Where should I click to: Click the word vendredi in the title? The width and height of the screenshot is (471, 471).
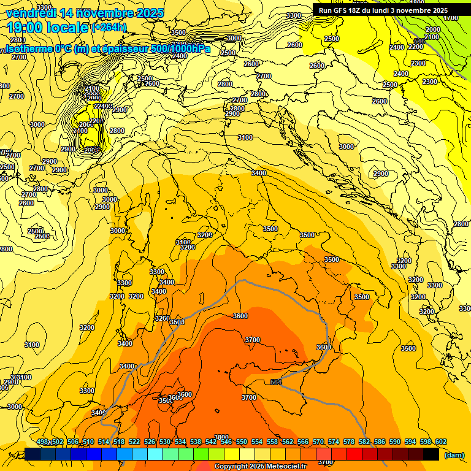pos(31,13)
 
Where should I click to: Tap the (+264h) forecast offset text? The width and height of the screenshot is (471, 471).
pos(109,27)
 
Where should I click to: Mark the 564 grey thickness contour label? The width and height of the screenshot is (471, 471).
pos(276,382)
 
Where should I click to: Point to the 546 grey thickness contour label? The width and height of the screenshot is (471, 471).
pos(419,41)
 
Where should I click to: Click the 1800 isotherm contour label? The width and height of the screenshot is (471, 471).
pos(433,3)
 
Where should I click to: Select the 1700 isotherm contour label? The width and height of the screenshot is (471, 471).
pos(451,18)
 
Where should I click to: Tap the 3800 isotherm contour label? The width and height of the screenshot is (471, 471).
pos(221,437)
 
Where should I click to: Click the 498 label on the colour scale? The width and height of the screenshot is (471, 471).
pos(42,442)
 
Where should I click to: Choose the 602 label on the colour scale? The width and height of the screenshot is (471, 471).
pos(440,442)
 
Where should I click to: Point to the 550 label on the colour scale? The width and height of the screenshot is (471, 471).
pos(241,442)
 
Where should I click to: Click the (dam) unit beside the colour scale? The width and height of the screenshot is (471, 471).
pos(454,455)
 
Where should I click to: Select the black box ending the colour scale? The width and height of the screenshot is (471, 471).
pos(431,454)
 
